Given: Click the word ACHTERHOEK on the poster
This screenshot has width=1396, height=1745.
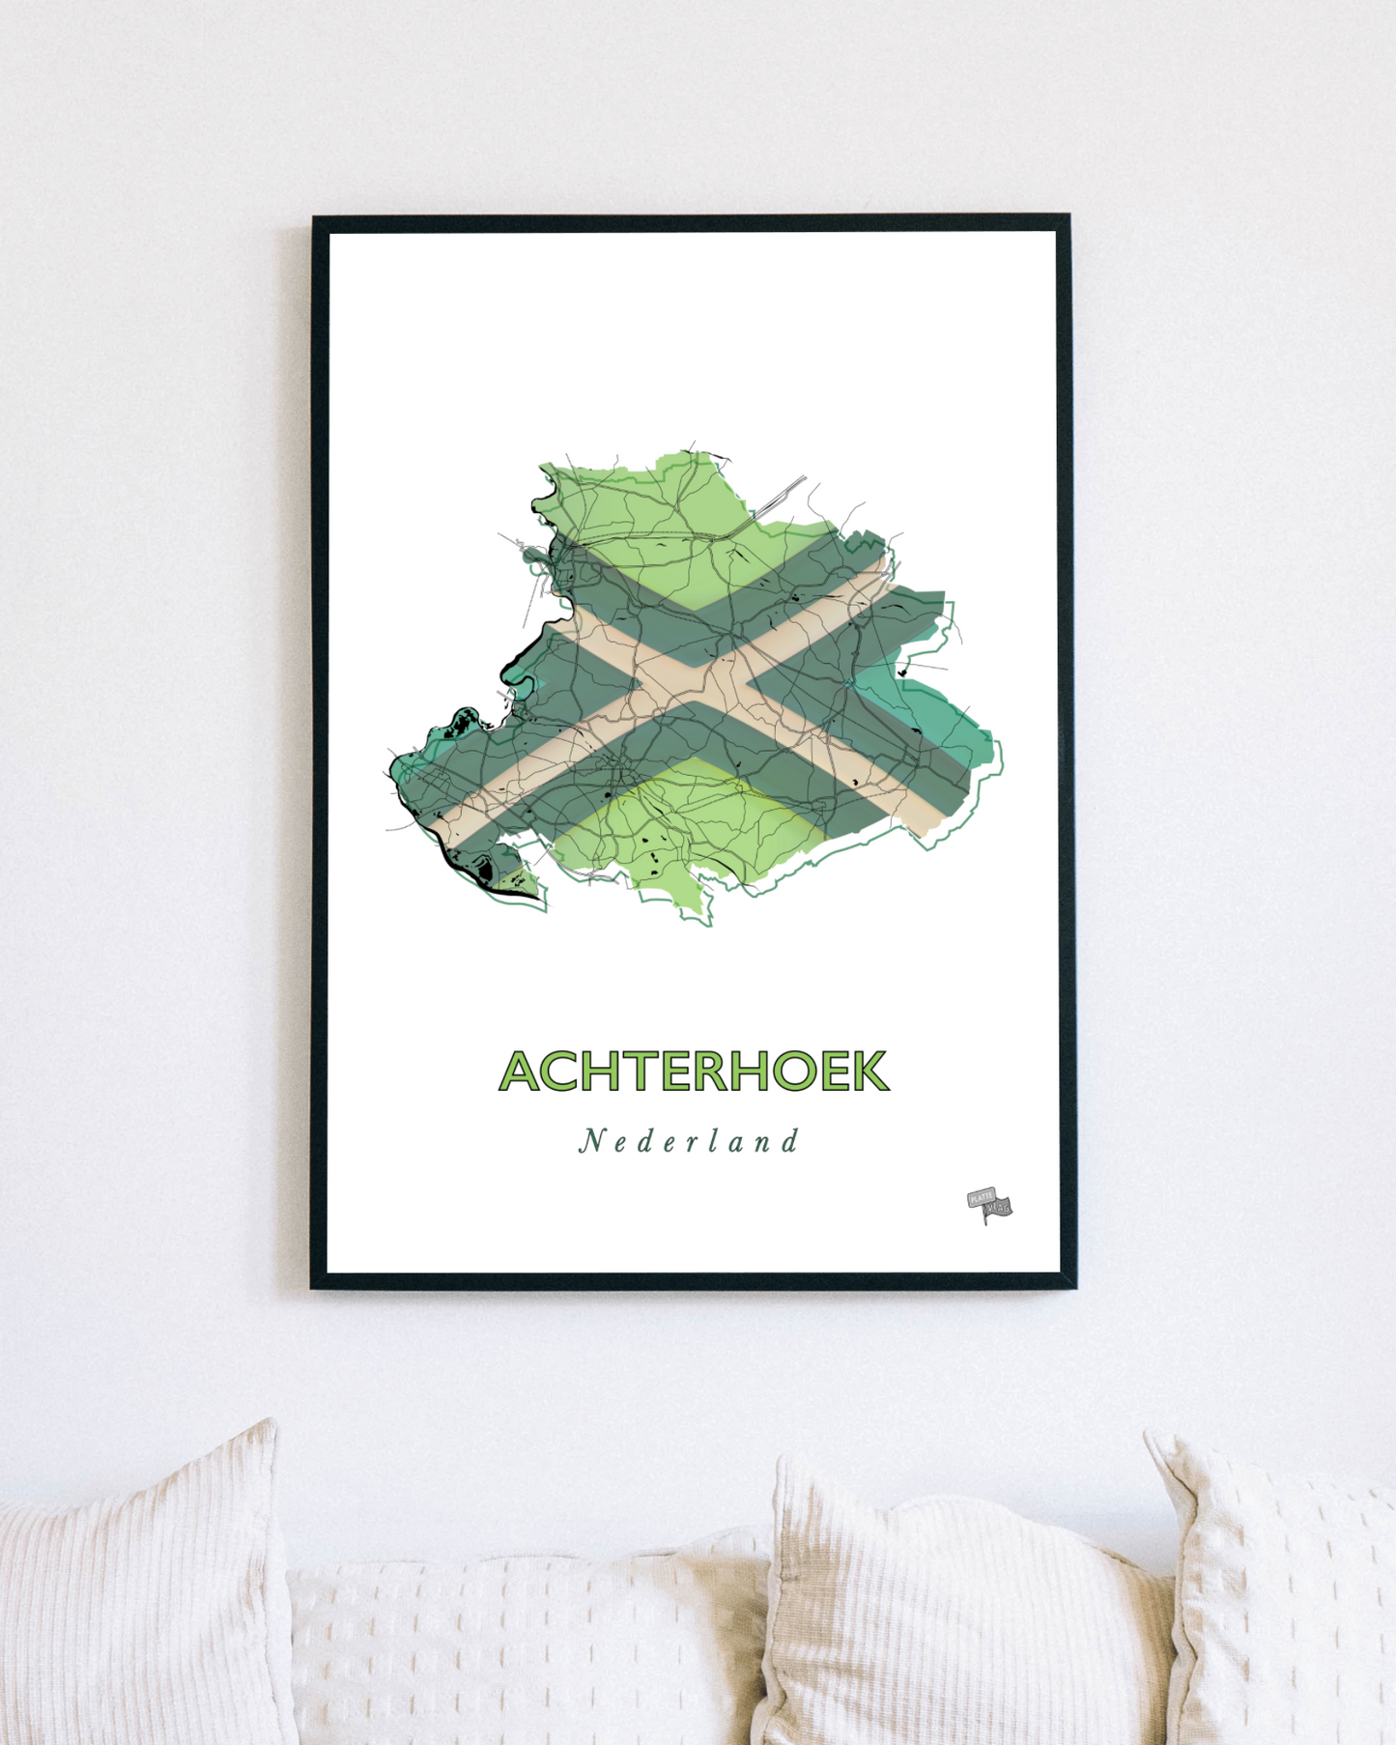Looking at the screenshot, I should (x=693, y=1071).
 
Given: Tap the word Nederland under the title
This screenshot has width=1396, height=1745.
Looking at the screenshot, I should (x=689, y=1141).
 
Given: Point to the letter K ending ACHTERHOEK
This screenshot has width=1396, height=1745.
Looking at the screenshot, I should (x=869, y=1071).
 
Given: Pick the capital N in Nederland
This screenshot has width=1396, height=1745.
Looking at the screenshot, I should (x=590, y=1141).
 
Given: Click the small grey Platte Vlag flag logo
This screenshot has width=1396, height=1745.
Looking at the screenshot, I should (x=989, y=1205).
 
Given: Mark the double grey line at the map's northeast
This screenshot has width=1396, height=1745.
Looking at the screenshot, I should (x=781, y=497).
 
